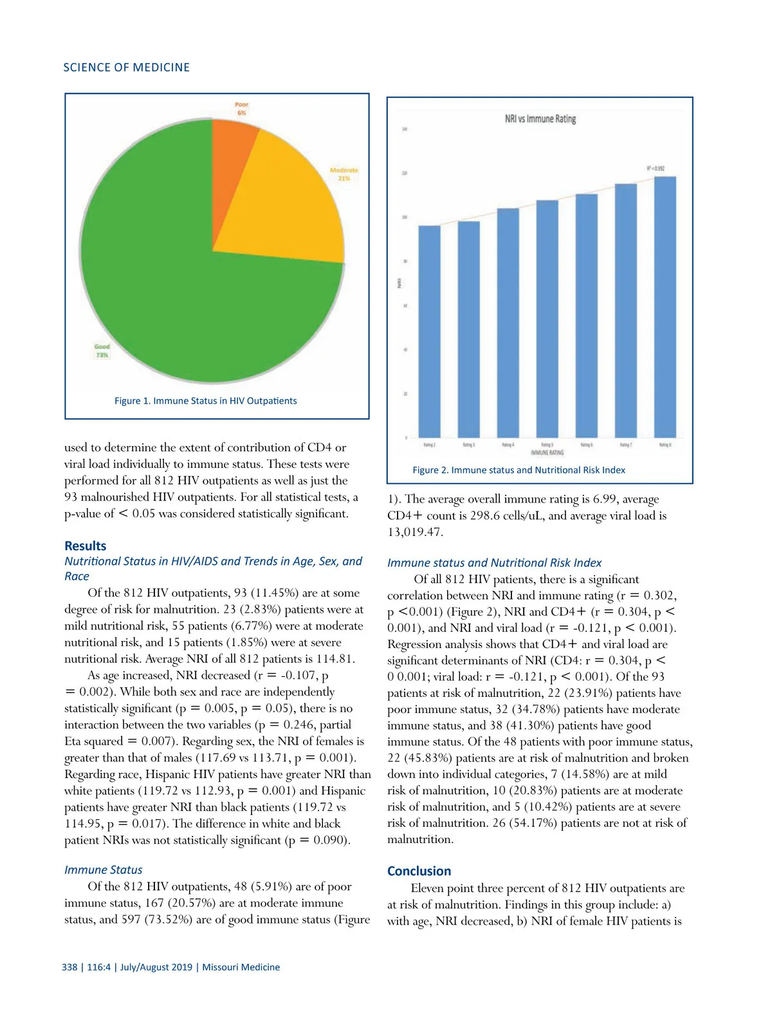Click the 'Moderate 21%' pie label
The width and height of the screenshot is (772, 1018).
click(x=344, y=174)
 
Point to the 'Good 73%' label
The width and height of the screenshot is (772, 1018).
click(x=102, y=351)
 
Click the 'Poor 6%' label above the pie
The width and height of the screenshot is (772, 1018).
click(x=241, y=108)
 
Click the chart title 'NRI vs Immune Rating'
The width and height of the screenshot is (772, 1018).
click(x=540, y=119)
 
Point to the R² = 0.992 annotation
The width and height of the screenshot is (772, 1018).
click(x=656, y=169)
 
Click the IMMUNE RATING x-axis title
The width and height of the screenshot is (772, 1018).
click(x=547, y=452)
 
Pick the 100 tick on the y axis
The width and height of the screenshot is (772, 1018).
click(x=405, y=217)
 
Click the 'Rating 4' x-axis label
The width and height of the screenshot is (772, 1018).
click(x=508, y=445)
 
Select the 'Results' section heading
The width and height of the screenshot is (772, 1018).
click(x=86, y=546)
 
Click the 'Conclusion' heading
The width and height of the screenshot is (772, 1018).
click(x=419, y=871)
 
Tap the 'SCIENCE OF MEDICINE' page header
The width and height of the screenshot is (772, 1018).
click(x=126, y=68)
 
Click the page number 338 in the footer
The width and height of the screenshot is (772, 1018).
click(x=69, y=967)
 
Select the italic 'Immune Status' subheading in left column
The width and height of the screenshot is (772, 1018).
click(x=103, y=869)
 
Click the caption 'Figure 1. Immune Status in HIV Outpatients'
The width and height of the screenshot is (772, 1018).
click(x=205, y=400)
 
